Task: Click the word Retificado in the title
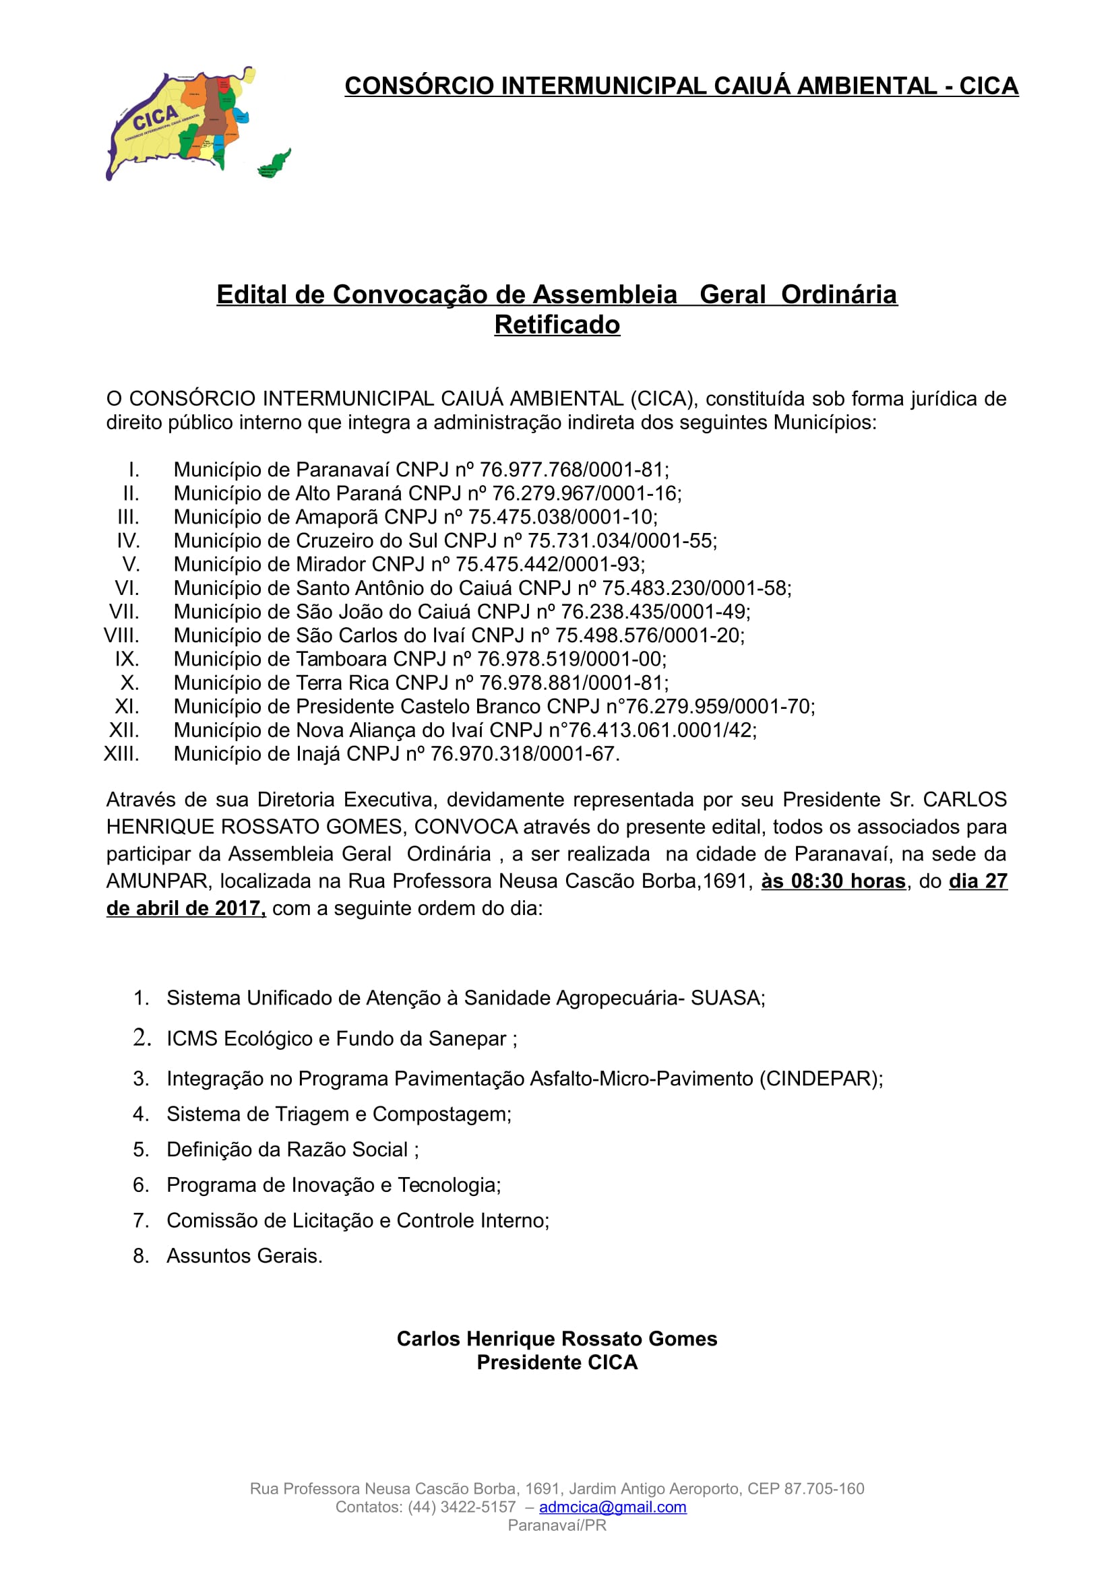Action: (x=557, y=325)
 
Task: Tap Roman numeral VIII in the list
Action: (x=121, y=635)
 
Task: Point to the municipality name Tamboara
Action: (x=341, y=659)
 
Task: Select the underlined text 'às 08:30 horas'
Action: (x=833, y=881)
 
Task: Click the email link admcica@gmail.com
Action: (x=612, y=1507)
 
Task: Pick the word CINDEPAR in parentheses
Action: (x=819, y=1078)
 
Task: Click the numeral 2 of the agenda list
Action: (x=141, y=1037)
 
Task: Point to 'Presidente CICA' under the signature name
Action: (x=557, y=1362)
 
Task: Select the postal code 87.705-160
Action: (x=824, y=1488)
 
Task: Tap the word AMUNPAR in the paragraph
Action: (x=159, y=881)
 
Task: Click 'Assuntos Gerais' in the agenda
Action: (x=244, y=1255)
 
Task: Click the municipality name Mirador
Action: (x=331, y=564)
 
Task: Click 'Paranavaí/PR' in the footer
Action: (x=557, y=1525)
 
